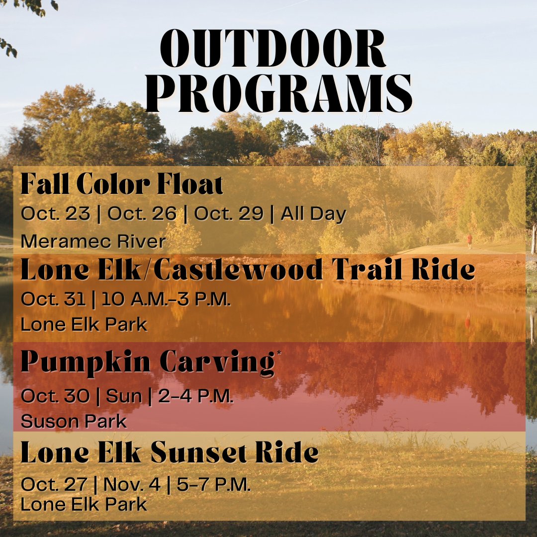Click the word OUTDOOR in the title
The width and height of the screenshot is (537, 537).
click(272, 49)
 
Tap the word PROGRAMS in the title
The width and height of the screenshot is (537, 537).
click(278, 94)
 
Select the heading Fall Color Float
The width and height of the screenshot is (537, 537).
click(122, 185)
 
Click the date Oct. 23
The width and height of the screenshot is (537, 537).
click(55, 214)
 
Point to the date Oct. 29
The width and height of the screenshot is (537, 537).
click(228, 214)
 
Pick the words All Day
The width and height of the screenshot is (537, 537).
click(313, 214)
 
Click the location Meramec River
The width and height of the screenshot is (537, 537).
click(93, 242)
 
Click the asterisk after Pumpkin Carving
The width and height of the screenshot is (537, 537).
click(278, 354)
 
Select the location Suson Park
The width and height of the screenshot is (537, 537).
click(74, 422)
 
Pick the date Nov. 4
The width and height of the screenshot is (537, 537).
click(133, 485)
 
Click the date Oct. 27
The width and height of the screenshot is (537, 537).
click(55, 485)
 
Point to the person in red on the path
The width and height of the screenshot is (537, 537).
click(469, 241)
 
